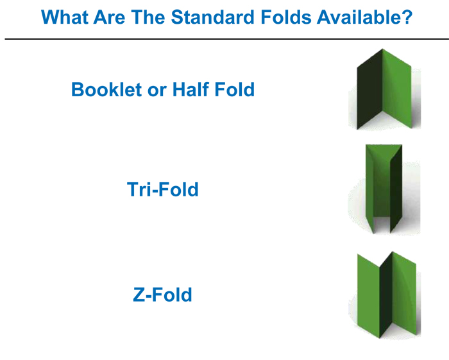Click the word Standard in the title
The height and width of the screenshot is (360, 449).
click(213, 17)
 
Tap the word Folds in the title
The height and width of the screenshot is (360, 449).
click(286, 17)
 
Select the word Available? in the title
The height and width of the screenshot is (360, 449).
click(364, 17)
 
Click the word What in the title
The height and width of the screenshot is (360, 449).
click(64, 17)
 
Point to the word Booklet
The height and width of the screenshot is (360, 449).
click(106, 89)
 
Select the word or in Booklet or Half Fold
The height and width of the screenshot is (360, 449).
click(157, 92)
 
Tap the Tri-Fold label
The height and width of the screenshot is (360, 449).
click(163, 189)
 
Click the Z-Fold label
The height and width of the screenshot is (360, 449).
click(162, 295)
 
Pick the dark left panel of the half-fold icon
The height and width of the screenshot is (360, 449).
click(369, 89)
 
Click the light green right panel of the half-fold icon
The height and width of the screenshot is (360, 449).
click(397, 89)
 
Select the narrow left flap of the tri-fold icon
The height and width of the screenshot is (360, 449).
click(369, 189)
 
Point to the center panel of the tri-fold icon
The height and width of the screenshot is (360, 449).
click(382, 186)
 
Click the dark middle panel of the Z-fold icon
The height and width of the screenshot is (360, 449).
click(386, 296)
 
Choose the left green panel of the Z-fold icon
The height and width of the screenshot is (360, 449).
click(369, 295)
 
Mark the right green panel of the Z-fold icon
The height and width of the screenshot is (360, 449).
click(404, 293)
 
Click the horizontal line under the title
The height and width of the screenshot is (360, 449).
click(227, 39)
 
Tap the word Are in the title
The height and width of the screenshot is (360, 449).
click(110, 17)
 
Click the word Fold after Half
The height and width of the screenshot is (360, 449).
click(235, 89)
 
